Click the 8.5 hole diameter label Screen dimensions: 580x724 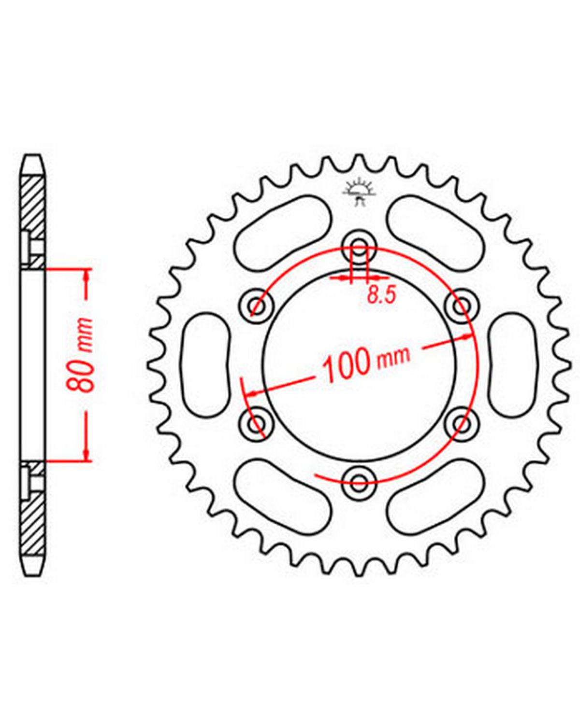tap(381, 296)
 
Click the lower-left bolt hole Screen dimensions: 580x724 tap(258, 422)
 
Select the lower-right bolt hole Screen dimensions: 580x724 tap(462, 422)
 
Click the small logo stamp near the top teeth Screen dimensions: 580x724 tap(359, 193)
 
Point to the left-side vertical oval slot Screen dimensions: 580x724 tap(205, 365)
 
